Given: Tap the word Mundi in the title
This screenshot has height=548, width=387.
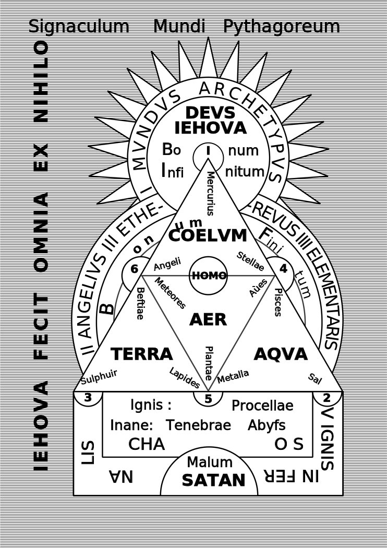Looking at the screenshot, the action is click(179, 26).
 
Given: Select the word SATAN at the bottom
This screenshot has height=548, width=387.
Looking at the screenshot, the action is click(213, 480).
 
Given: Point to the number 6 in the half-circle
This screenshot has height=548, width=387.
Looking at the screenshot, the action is click(135, 269).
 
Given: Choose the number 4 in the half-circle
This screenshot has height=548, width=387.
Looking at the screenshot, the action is click(283, 268).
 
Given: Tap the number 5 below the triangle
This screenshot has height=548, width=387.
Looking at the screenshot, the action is click(208, 399).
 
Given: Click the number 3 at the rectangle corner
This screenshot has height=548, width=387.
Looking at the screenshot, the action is click(88, 397).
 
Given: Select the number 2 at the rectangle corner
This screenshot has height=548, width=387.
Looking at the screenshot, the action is click(327, 397).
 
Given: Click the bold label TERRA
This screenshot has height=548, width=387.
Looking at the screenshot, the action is click(142, 354).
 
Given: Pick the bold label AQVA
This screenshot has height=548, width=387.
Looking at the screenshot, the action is click(281, 354).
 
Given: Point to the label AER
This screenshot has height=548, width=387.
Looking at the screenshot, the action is click(208, 319).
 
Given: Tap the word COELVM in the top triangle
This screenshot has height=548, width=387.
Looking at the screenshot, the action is click(208, 235).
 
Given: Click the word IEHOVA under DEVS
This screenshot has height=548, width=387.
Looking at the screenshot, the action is click(211, 128).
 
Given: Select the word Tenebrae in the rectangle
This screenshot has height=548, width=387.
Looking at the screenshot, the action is click(198, 425).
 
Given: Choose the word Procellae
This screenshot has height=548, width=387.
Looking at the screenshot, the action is click(262, 406).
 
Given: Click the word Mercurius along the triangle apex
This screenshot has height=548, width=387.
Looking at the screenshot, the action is click(210, 193).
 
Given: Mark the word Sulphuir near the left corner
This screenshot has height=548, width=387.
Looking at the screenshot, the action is click(99, 377).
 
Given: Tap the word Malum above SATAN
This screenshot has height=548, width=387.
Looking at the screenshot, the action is click(210, 462).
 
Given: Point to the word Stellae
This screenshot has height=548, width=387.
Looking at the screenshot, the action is click(250, 261).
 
